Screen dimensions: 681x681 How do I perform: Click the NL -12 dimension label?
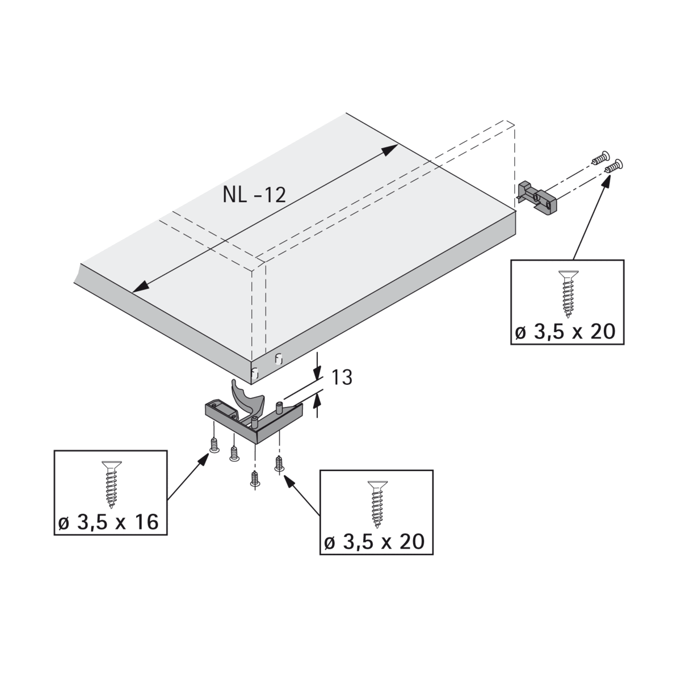pos(254,195)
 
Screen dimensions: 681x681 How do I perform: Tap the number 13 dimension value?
pos(342,377)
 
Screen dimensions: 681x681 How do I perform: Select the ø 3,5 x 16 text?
pos(108,522)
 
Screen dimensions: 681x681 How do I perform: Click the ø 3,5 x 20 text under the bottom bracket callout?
pos(374,542)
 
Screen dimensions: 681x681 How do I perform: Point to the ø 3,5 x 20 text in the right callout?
pos(565,332)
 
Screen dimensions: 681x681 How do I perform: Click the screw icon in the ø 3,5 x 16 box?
pos(111,484)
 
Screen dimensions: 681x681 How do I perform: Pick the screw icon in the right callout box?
pos(568,293)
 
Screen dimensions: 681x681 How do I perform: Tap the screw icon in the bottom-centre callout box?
pos(377,503)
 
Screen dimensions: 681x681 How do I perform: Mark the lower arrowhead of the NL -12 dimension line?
pos(140,286)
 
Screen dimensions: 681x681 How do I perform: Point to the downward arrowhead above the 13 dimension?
pos(317,372)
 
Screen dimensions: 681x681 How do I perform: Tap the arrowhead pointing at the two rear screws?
pos(607,181)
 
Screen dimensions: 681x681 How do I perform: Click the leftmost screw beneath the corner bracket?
pos(214,445)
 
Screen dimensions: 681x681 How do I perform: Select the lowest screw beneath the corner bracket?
pos(254,478)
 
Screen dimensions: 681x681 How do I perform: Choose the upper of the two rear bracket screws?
pos(601,157)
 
